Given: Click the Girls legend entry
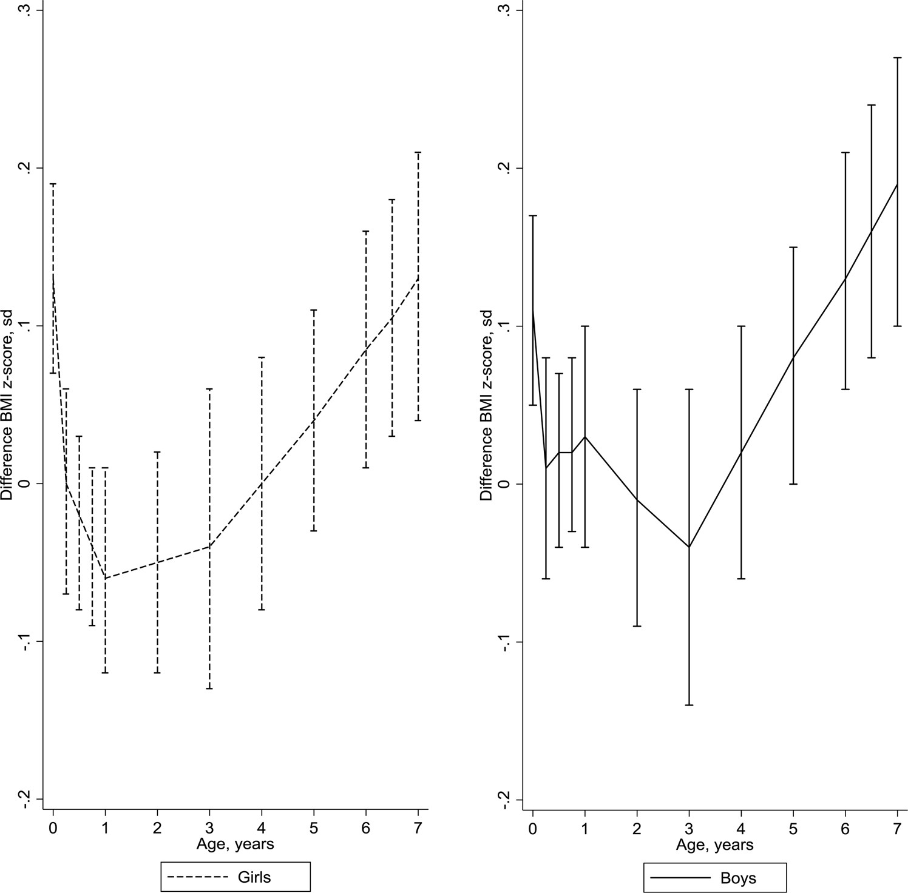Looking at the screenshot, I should (x=235, y=877).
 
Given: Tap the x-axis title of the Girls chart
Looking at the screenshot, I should (x=235, y=843).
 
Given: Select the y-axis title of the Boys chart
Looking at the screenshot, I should (x=487, y=405).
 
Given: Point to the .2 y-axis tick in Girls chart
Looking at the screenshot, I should (x=24, y=168).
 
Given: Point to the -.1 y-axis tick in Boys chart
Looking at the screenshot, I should (x=503, y=642).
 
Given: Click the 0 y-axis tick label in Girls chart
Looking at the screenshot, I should (x=24, y=484).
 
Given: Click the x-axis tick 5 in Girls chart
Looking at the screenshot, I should (x=314, y=827).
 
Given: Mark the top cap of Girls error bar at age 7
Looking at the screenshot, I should (x=418, y=152).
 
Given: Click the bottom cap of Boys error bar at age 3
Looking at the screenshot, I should (x=689, y=705).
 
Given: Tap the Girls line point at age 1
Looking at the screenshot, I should (x=105, y=578).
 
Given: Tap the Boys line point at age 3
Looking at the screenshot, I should (x=689, y=547).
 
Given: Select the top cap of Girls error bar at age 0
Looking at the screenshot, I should (x=53, y=183).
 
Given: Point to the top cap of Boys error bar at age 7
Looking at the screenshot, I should (x=897, y=58).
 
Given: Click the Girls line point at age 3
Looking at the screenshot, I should (x=209, y=547).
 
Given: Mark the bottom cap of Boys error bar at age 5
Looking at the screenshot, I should (x=793, y=484).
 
